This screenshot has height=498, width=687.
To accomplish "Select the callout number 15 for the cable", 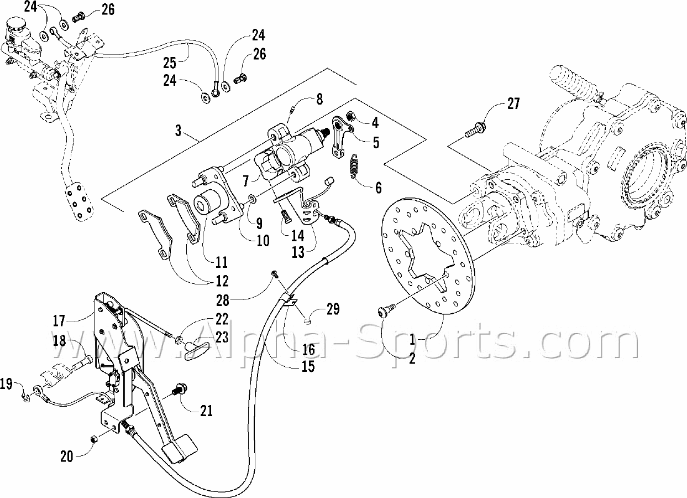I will coord(307,366).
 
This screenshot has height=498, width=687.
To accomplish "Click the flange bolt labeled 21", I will coord(179,390).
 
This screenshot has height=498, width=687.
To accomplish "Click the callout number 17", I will coord(59,320).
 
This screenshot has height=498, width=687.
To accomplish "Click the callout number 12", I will coord(222,281).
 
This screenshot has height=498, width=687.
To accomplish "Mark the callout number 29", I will coord(333,308).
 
